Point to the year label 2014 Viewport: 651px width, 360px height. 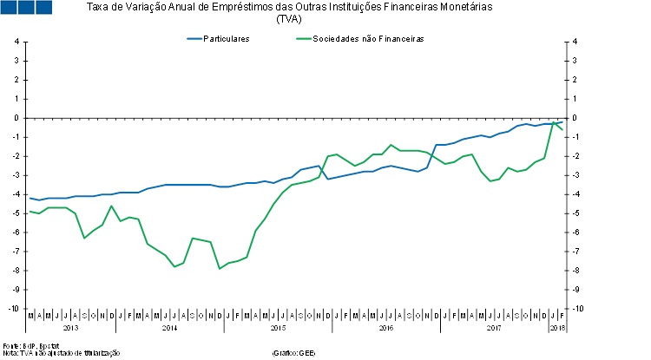coord(169,328)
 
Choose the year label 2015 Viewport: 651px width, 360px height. coord(278,328)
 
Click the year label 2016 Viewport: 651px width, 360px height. coord(386,328)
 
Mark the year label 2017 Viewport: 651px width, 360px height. coord(494,328)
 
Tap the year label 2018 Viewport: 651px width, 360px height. coord(556,328)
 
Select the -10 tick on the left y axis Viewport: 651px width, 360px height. coord(15,308)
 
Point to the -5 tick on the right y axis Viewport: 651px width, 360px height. coord(575,213)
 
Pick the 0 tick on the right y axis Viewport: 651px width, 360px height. coord(575,118)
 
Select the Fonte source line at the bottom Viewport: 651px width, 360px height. coord(25,345)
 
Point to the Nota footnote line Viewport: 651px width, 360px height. coord(56,353)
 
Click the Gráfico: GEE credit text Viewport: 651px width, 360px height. coord(293,353)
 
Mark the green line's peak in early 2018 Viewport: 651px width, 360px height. coord(553,122)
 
